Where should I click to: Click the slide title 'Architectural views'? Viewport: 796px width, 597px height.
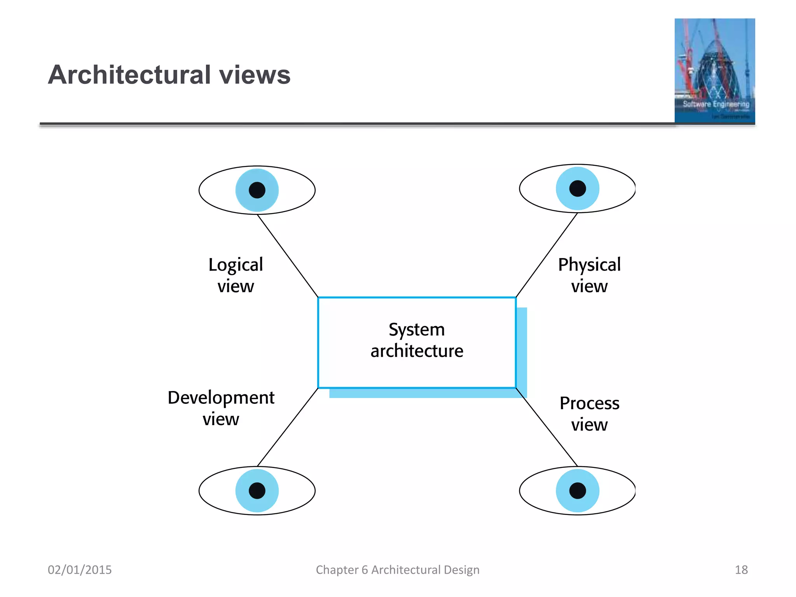coord(169,75)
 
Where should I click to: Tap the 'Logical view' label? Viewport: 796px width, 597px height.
coord(236,275)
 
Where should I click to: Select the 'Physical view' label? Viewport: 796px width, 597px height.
coord(589,275)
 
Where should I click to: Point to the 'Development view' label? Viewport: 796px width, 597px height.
coord(221,408)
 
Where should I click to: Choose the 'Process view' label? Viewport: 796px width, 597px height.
coord(589,414)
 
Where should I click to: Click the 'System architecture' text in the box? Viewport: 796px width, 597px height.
coord(417,340)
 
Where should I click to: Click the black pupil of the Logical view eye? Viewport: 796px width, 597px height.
coord(257,190)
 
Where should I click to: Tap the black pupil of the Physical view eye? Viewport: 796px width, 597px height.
coord(578,189)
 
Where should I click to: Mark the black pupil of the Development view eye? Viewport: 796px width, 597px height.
coord(257,491)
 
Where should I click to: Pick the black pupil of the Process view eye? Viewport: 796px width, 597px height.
coord(578,491)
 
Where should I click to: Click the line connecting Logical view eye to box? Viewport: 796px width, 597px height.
coord(288,256)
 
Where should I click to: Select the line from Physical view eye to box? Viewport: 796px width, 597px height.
coord(546,255)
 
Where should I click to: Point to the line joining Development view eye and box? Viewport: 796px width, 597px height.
coord(288,427)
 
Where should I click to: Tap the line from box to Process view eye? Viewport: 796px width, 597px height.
coord(546,427)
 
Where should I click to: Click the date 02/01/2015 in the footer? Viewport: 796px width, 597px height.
coord(80,570)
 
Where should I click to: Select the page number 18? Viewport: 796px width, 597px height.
coord(741,570)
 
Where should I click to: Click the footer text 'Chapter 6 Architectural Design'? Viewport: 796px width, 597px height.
coord(398,570)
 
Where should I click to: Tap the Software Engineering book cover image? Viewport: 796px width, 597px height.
coord(715,71)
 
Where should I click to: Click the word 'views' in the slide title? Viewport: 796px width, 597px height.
coord(255,75)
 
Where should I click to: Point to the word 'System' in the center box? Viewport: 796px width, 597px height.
coord(417,330)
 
